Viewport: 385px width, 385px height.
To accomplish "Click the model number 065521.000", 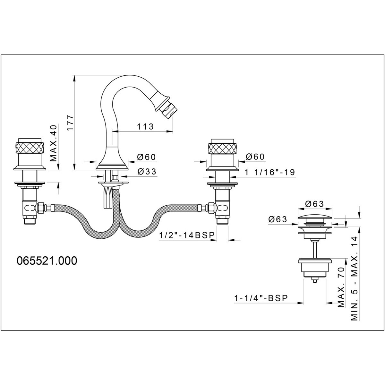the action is pyautogui.click(x=47, y=261).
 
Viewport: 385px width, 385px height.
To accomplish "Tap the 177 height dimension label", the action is pyautogui.click(x=70, y=123).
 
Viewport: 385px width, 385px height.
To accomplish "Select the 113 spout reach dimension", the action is pyautogui.click(x=145, y=126).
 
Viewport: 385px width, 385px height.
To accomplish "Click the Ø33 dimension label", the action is pyautogui.click(x=147, y=171).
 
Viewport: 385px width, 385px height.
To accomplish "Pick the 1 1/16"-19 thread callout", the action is pyautogui.click(x=270, y=172).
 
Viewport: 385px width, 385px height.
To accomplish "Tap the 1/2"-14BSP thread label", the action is pyautogui.click(x=187, y=235).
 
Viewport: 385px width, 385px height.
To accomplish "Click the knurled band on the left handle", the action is pyautogui.click(x=30, y=148).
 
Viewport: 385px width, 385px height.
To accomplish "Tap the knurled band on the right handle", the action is pyautogui.click(x=222, y=148).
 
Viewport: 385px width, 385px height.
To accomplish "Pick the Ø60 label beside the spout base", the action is pyautogui.click(x=146, y=157).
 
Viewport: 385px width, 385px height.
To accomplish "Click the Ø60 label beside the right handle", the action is pyautogui.click(x=255, y=157).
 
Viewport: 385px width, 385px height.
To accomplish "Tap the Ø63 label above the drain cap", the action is pyautogui.click(x=314, y=204).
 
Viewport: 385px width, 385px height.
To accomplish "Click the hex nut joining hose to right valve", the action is pyautogui.click(x=211, y=208).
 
